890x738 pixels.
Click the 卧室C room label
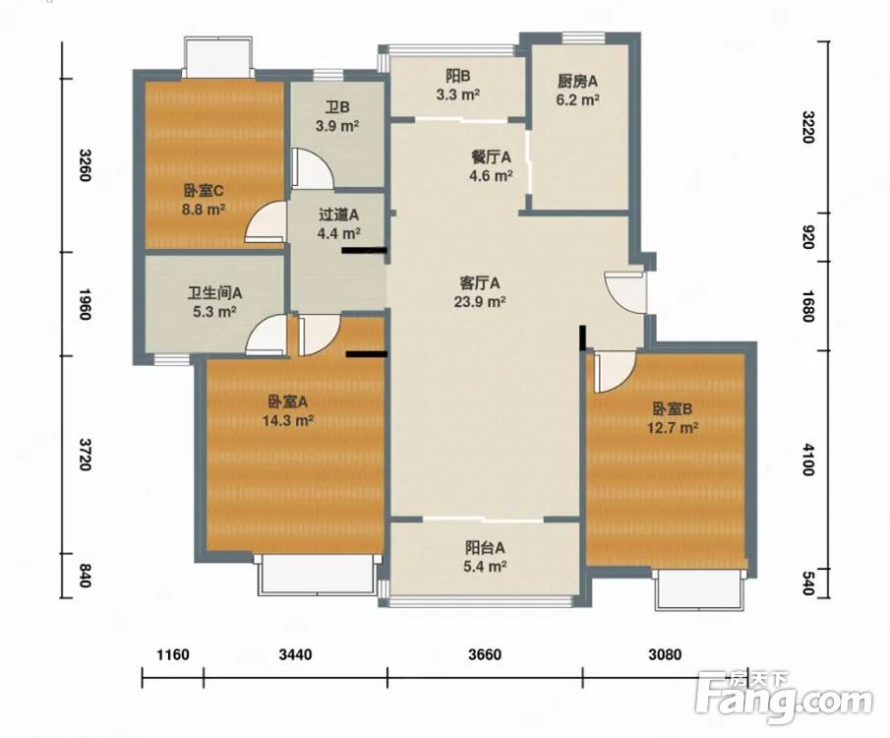(204, 190)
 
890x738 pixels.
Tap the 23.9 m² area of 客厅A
(480, 301)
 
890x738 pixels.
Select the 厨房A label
(578, 82)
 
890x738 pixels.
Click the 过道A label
(339, 215)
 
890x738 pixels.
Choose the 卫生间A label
(215, 293)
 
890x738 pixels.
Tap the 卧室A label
(288, 402)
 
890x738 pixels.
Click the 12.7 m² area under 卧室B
(673, 427)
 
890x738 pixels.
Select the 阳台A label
(485, 548)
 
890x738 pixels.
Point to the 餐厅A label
(491, 156)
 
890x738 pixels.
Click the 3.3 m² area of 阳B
(458, 94)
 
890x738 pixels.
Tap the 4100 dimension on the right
(808, 460)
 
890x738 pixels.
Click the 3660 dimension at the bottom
(485, 654)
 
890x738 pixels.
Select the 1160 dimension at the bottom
(172, 654)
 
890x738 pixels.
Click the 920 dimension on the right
(808, 237)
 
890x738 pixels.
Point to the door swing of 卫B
(313, 168)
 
